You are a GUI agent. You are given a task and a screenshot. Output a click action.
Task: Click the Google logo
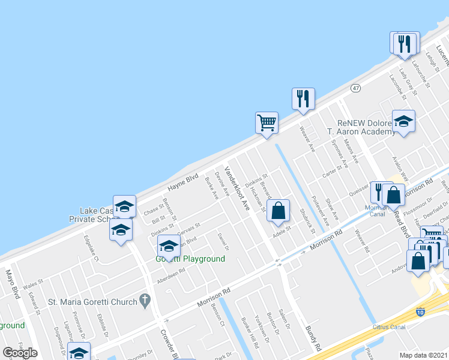(20, 353)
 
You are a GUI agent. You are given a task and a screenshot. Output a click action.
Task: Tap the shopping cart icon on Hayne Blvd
(267, 123)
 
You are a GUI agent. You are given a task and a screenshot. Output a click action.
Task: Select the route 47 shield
(356, 88)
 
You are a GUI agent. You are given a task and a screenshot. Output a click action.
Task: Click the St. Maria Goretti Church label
(92, 302)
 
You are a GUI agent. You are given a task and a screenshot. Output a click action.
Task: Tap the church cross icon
(145, 300)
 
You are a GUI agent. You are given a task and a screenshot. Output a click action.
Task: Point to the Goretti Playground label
(190, 259)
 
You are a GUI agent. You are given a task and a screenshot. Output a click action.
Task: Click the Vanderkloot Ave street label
(237, 188)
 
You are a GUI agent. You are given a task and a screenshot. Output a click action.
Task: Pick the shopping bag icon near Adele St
(279, 211)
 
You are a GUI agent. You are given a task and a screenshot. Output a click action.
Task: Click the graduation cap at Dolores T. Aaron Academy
(403, 121)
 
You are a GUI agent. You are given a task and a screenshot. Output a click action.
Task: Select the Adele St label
(282, 230)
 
